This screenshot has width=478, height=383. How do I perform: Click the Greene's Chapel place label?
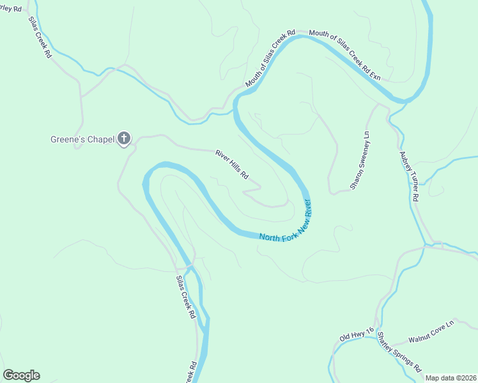point(82,139)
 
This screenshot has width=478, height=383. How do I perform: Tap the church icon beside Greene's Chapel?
point(125,139)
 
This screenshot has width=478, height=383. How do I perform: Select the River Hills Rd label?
point(231,165)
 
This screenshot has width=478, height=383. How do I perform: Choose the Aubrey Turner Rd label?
point(408,176)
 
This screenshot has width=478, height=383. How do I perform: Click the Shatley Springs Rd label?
point(399,352)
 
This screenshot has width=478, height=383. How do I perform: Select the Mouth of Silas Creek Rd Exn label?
point(344,56)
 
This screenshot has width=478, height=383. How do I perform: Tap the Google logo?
point(21,375)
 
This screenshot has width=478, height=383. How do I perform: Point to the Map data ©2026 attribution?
point(450,378)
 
